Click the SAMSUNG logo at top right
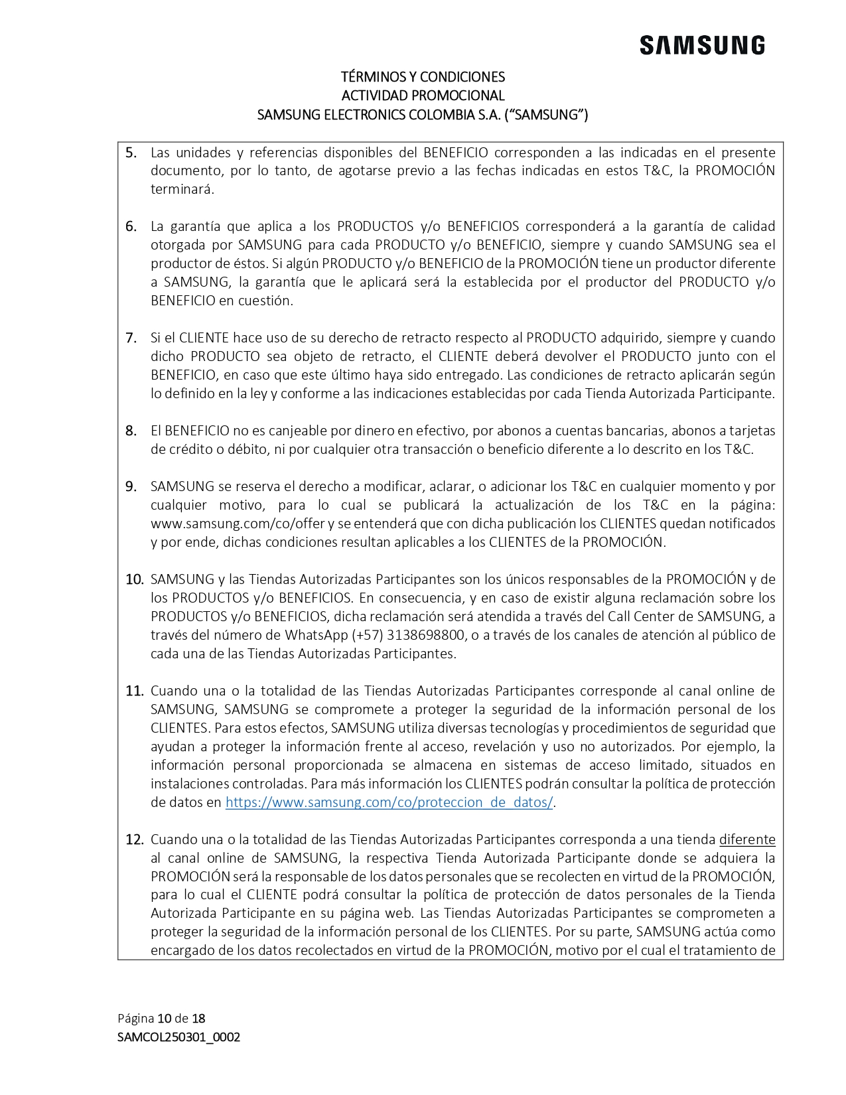[701, 46]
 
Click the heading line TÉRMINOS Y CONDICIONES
[423, 77]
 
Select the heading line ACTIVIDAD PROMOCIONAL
[423, 96]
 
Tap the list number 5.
[131, 153]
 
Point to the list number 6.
[131, 227]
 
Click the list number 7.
[131, 338]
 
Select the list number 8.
[131, 431]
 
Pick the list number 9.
[131, 487]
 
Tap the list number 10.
[135, 580]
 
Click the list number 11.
[135, 692]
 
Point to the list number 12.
[135, 840]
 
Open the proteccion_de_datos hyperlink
[389, 802]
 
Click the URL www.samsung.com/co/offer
[238, 524]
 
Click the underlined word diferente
[747, 840]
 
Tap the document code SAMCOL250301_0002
[178, 1037]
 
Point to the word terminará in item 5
[182, 190]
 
